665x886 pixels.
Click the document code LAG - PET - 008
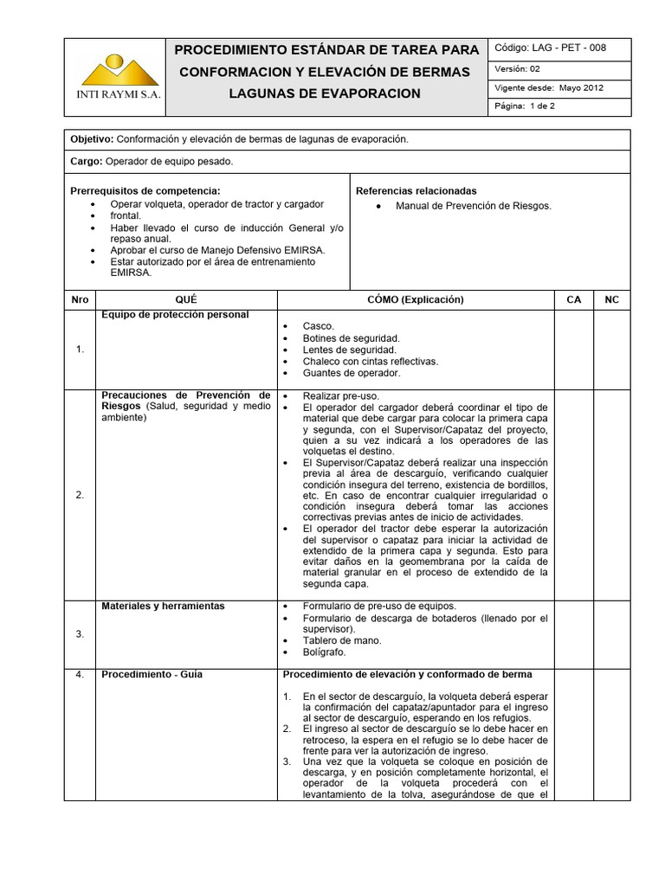click(550, 48)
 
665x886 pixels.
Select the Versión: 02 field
click(518, 68)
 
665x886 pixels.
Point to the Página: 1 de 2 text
click(524, 106)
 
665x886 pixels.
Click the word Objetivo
click(91, 138)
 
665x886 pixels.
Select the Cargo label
click(86, 161)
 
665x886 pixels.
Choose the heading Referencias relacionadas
click(416, 190)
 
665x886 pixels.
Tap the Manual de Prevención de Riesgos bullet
click(473, 206)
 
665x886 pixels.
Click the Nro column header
click(80, 299)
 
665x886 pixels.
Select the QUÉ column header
click(185, 299)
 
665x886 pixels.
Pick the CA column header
click(573, 299)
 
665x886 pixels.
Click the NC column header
click(612, 299)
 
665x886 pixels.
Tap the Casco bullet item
click(318, 325)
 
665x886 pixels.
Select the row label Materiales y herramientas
click(163, 606)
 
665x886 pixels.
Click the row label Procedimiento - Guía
click(152, 674)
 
